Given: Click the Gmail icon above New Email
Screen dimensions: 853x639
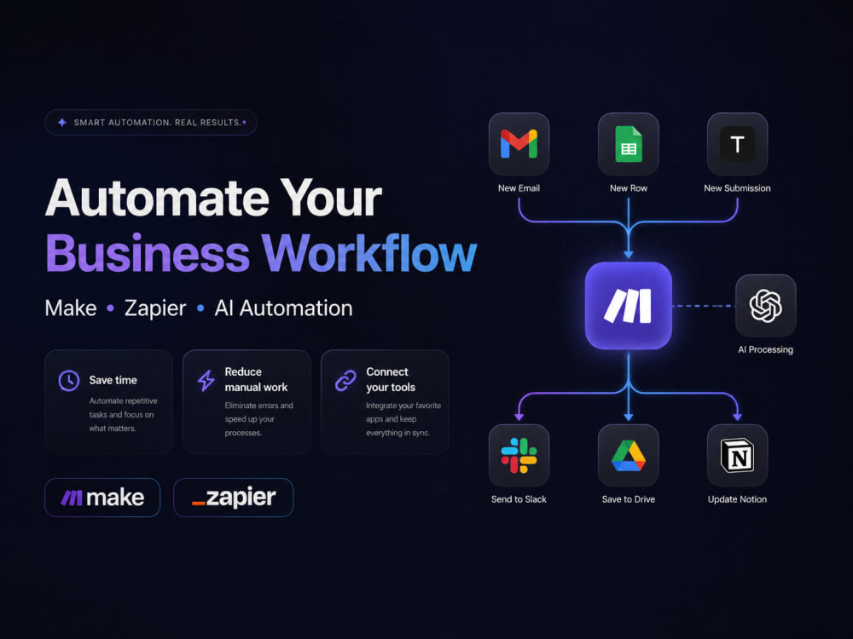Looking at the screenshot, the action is tap(519, 144).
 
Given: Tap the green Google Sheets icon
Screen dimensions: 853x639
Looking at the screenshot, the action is tap(629, 144).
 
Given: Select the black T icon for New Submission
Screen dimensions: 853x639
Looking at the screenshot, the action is tap(737, 144).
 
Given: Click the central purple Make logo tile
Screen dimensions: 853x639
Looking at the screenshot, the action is tap(629, 305).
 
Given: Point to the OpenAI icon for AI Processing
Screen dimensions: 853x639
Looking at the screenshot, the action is tap(765, 305).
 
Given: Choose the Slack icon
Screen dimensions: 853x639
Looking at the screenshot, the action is tap(519, 455).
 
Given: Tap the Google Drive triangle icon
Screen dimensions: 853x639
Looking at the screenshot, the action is tap(629, 455).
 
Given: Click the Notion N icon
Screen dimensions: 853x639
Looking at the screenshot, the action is tap(737, 455).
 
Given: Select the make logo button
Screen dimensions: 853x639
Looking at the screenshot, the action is tap(102, 498).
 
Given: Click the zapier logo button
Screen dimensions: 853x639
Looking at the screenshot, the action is tap(234, 498).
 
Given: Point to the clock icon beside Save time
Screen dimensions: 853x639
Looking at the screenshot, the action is tap(69, 380).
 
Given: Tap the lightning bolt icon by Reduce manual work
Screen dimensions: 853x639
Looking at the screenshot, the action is tap(206, 380).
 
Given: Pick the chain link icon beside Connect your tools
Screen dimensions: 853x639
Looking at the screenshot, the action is tap(345, 380).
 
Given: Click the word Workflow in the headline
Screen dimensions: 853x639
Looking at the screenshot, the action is tap(368, 253).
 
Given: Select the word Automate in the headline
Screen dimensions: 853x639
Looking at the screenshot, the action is tap(157, 198).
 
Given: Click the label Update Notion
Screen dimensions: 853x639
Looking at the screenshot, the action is tap(737, 499).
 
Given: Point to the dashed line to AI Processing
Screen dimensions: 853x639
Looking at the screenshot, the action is tap(704, 306).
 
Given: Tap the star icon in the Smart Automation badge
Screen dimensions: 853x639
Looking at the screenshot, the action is tap(62, 122).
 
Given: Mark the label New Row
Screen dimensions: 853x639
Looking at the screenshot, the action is tap(629, 188).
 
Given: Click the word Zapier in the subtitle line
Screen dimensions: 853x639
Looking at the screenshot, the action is tap(155, 308).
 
